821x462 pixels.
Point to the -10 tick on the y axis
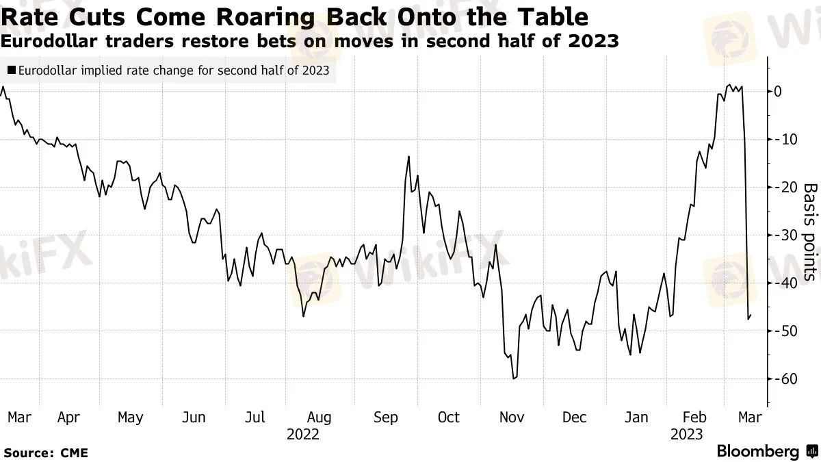(785, 139)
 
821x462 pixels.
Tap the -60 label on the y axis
(785, 378)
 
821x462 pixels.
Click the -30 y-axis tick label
(785, 235)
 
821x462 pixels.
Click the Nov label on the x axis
(512, 418)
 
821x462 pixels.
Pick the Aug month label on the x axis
(320, 418)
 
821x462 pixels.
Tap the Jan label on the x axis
(637, 418)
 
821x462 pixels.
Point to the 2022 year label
(302, 434)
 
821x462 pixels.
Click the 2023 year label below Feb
(686, 434)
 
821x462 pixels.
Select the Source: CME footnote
(46, 452)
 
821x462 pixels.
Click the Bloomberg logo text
(757, 452)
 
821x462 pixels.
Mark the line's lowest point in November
(512, 378)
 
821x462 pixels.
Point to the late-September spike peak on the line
(408, 157)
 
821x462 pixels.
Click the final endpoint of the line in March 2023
(751, 316)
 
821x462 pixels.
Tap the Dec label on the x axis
(574, 418)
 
